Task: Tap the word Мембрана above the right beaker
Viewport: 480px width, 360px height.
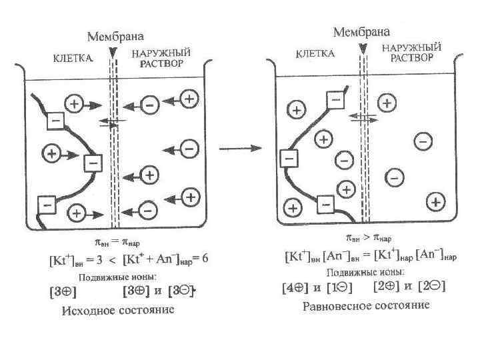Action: pyautogui.click(x=361, y=32)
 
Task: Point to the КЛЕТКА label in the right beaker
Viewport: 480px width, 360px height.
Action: pyautogui.click(x=315, y=54)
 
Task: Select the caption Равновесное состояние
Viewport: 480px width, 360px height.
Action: pyautogui.click(x=366, y=306)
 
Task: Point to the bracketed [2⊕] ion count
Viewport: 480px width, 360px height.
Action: pyautogui.click(x=387, y=287)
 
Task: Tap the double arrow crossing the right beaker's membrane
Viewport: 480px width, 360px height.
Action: pyautogui.click(x=363, y=116)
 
